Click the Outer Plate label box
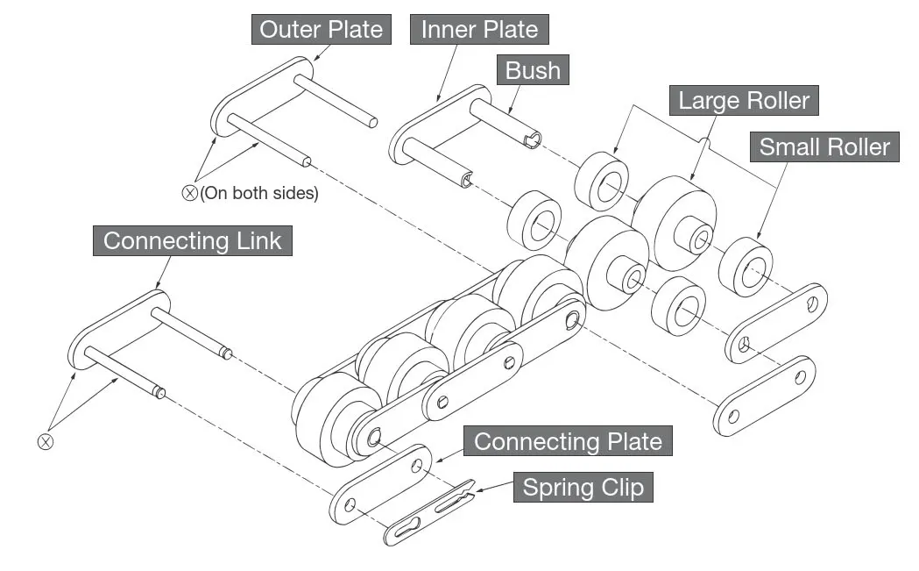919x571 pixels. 322,29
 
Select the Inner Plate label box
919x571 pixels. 479,29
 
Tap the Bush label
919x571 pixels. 533,70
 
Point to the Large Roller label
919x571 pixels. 744,100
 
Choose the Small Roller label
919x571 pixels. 824,146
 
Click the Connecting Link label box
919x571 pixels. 192,240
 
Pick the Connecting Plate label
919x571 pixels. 568,441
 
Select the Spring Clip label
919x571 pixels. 583,488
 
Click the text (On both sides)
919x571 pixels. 259,193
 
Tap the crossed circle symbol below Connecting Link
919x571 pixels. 46,441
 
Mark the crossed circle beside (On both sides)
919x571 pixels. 189,193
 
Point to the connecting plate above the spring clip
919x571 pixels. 381,484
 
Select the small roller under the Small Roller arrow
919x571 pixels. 746,267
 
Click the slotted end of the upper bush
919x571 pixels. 531,139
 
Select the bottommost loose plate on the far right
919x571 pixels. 764,396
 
